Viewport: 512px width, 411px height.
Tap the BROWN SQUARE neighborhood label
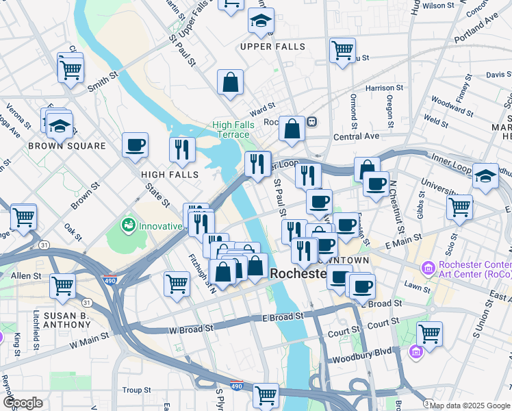point(67,146)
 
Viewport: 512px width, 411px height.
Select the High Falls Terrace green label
point(233,129)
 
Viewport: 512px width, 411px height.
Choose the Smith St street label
point(103,86)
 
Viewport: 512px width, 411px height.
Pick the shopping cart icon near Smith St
point(71,68)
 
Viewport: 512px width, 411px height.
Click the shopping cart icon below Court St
point(429,334)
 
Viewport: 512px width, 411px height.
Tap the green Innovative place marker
point(128,225)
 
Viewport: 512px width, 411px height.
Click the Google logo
point(23,403)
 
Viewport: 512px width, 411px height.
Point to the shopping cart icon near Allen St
point(62,283)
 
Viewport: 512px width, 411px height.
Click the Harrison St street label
point(385,88)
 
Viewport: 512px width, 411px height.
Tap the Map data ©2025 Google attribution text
point(470,406)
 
